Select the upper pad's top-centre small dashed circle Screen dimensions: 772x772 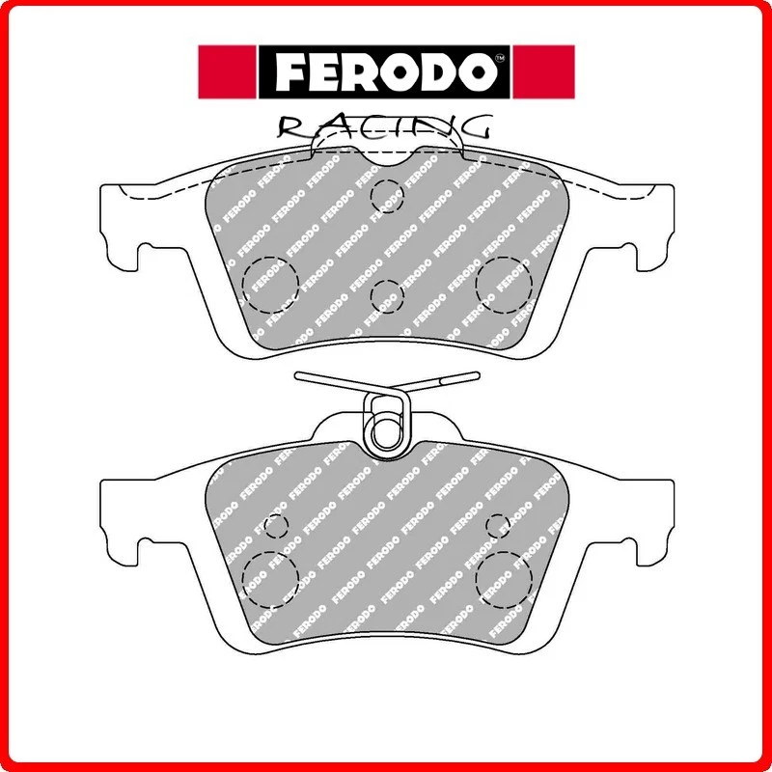tap(386, 193)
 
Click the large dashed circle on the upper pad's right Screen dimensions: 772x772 tap(504, 281)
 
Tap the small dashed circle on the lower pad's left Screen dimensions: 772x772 tap(276, 526)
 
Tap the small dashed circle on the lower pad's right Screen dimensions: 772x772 tap(498, 526)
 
